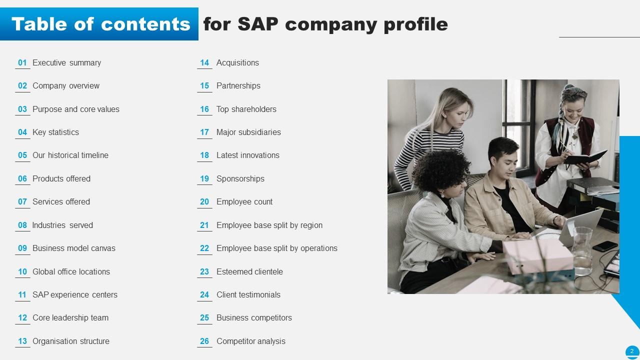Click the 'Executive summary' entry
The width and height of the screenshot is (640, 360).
point(66,63)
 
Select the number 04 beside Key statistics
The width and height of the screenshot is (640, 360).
point(22,132)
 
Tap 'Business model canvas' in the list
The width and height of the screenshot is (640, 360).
point(73,248)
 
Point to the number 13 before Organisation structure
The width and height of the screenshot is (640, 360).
point(22,341)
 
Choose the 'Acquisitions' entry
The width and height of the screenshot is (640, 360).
point(237,63)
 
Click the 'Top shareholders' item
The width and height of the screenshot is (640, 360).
point(246,109)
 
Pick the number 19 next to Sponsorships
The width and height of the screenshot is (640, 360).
point(204,179)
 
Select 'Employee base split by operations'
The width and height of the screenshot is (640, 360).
point(276,248)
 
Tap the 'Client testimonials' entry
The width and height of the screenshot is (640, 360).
point(248,295)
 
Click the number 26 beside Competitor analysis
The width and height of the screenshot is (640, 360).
point(204,341)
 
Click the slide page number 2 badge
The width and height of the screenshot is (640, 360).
point(632,351)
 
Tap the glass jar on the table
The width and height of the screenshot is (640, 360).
point(581,250)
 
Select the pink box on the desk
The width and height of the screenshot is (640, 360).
point(537,256)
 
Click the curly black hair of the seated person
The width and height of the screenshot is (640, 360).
point(440,167)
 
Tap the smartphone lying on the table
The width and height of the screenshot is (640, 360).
point(605,246)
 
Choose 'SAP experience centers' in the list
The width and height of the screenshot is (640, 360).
point(74,295)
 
